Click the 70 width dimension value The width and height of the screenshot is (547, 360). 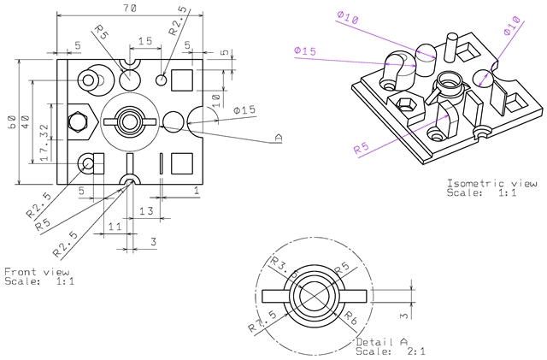[x=130, y=8]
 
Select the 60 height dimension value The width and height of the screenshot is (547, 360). [x=12, y=121]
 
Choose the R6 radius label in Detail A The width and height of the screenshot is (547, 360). [x=349, y=316]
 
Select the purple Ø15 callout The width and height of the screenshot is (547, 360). [x=304, y=52]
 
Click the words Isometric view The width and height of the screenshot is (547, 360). [x=491, y=183]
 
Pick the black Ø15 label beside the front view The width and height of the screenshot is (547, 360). [x=244, y=110]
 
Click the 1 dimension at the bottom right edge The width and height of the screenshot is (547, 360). [x=197, y=192]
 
